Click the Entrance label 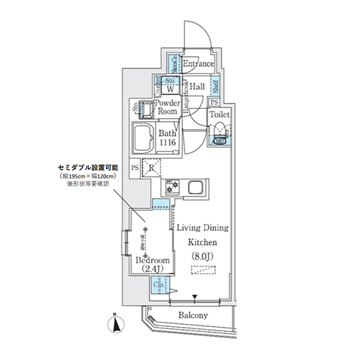point(198,64)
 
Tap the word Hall point(199,86)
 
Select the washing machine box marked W point(166,90)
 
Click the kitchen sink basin point(197,189)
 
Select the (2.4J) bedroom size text point(151,269)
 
